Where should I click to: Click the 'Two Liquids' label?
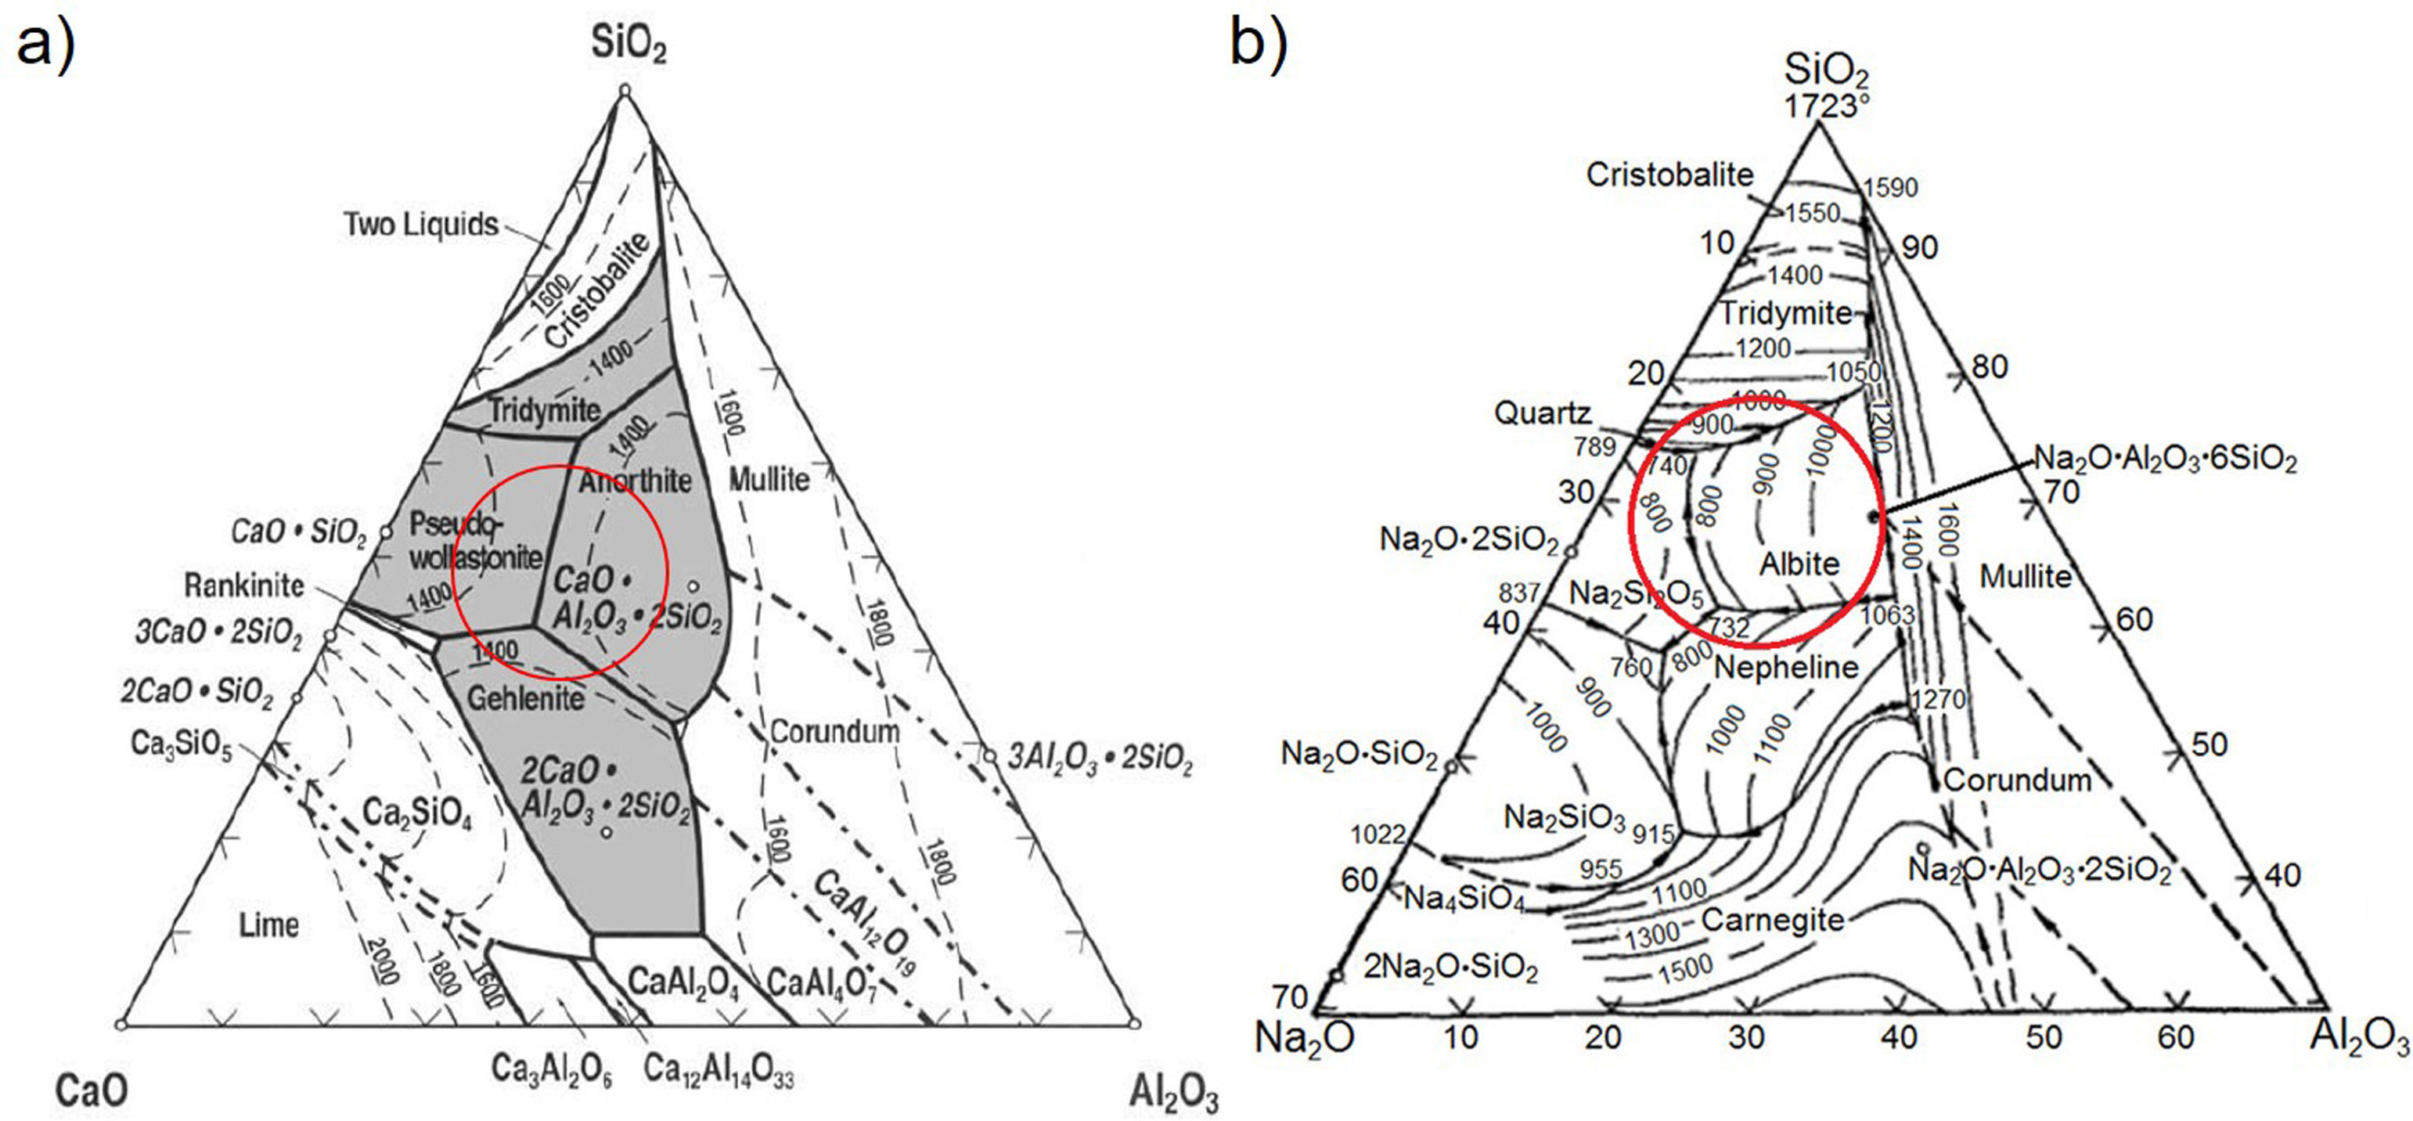420,225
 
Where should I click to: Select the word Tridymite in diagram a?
544,410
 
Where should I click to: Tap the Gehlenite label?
525,697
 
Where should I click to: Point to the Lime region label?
268,925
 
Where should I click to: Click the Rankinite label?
243,586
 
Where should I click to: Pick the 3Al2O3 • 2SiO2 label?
1100,758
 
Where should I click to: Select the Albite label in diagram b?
1799,564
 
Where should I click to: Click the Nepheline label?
1785,668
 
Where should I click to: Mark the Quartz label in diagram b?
1542,413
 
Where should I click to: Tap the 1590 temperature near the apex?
1890,188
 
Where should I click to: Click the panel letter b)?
1258,42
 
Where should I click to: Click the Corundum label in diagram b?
2017,780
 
